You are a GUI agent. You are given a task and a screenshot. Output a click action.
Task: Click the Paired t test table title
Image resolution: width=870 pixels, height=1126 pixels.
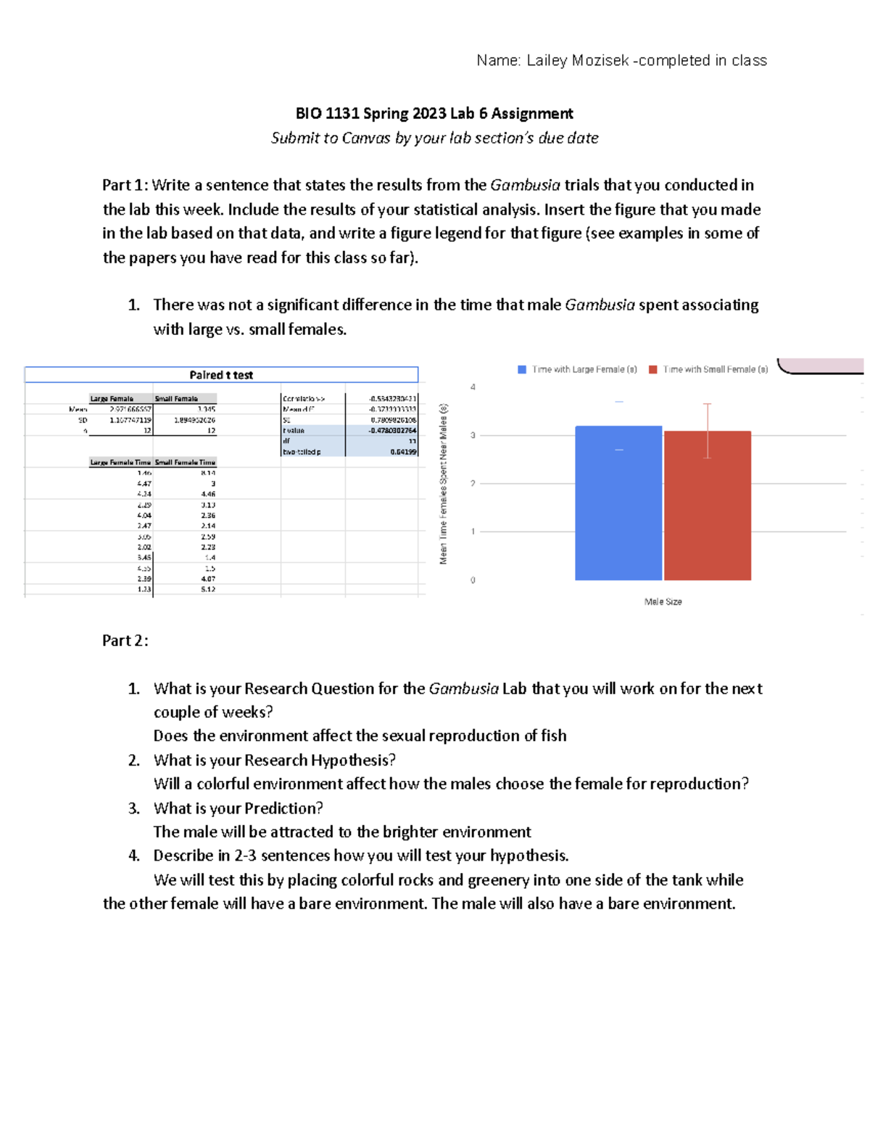(x=221, y=375)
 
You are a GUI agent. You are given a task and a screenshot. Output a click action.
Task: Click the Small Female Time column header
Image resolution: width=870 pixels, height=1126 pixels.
(x=185, y=462)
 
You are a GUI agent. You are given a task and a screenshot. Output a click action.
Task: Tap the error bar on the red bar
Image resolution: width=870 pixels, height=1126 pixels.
(x=708, y=430)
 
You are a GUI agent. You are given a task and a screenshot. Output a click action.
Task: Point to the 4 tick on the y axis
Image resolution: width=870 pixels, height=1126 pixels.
(x=473, y=387)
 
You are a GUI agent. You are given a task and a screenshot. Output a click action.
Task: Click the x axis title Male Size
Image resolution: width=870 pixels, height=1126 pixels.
(x=663, y=602)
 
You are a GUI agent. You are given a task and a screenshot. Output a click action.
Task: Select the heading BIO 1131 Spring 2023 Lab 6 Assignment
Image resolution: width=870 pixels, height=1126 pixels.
(x=434, y=113)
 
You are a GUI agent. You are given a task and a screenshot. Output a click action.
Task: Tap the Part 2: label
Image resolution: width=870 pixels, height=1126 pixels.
(x=125, y=640)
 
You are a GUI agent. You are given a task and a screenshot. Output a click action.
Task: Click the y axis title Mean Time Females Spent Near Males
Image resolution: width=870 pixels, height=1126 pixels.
(x=444, y=484)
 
